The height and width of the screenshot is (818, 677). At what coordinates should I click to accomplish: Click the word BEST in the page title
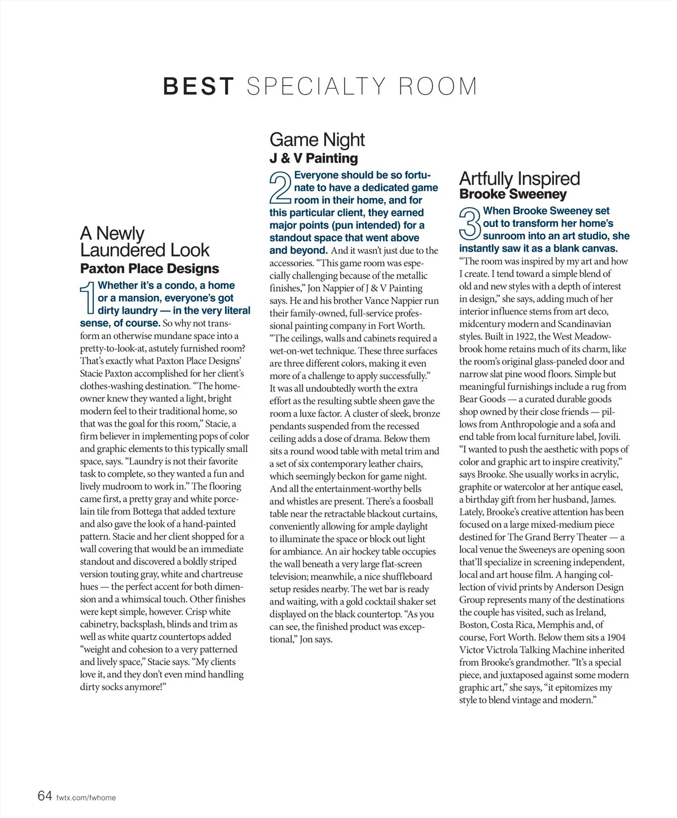[x=198, y=86]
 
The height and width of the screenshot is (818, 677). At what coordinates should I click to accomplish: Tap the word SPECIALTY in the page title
[x=316, y=86]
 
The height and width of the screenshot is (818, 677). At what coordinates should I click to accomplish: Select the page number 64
[x=45, y=795]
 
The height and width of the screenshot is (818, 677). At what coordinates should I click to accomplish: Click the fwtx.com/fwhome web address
[x=86, y=798]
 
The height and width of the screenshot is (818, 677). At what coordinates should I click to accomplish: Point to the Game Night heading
[x=317, y=139]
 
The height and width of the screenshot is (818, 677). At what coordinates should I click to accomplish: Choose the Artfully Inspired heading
[x=519, y=178]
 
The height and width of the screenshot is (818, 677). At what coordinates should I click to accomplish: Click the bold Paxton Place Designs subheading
[x=150, y=269]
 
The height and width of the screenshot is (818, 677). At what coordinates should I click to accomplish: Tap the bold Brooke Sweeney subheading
[x=513, y=194]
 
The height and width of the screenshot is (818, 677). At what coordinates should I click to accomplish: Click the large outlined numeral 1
[x=87, y=297]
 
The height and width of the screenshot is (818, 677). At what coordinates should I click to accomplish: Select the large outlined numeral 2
[x=280, y=188]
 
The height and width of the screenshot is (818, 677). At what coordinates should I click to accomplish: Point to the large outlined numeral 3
[x=470, y=223]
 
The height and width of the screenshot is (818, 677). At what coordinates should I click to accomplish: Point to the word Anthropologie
[x=527, y=424]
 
